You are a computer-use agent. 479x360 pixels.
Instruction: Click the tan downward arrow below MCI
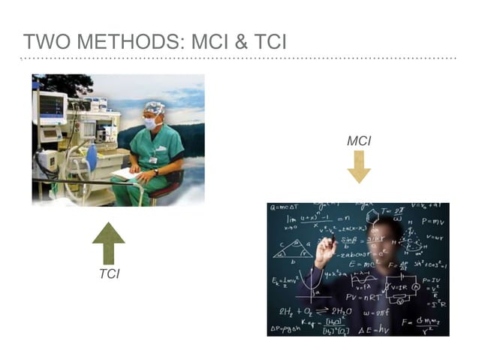(359, 166)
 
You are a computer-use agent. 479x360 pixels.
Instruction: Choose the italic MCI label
(359, 141)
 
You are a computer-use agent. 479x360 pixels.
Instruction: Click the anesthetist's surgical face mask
(151, 122)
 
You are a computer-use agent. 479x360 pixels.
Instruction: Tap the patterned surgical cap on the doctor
(154, 108)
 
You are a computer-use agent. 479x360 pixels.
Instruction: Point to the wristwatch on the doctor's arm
(155, 172)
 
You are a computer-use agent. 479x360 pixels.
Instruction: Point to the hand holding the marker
(325, 252)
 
